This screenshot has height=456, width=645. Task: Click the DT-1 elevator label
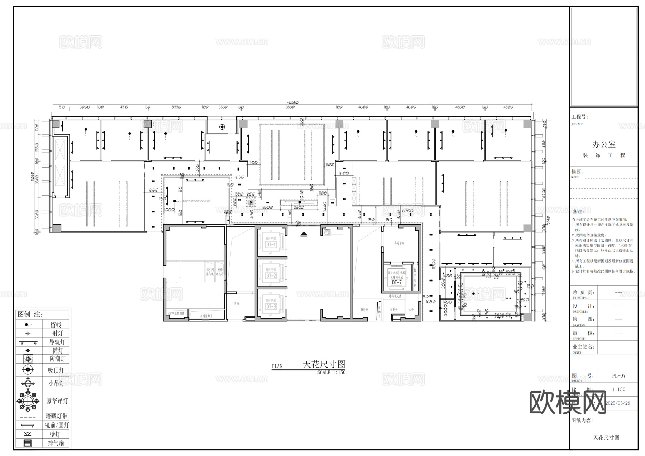point(271,245)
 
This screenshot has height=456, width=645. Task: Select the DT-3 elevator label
point(271,307)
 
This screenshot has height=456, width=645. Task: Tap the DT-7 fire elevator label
point(397,283)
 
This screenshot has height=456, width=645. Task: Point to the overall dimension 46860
point(292,102)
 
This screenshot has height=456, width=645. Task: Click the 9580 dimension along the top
point(290,107)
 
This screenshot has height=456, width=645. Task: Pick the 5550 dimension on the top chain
point(176,107)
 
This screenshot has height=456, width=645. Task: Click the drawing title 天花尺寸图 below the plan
point(324,364)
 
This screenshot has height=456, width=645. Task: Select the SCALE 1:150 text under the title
point(331,373)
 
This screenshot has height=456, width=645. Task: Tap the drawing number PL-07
point(619,376)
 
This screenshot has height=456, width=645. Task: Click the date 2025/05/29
point(617,403)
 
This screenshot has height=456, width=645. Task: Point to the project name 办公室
point(604,144)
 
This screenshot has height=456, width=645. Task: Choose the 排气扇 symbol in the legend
point(28,443)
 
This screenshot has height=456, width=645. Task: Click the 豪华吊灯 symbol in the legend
point(28,401)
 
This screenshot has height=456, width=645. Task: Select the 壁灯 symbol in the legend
point(28,434)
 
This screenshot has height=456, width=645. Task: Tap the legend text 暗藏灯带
point(57,416)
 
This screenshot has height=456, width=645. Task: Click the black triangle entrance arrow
point(304,234)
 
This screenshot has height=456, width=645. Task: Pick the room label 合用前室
point(399,243)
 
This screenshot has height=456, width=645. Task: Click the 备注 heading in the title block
point(578,211)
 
